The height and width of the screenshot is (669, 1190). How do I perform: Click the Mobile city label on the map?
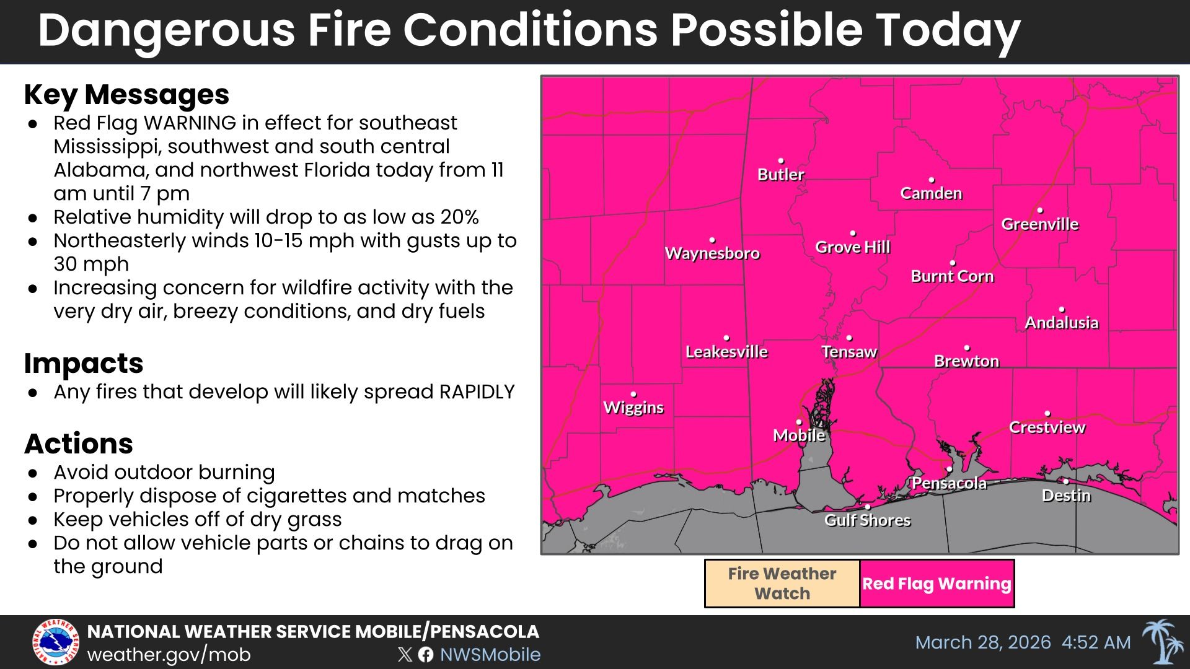(x=799, y=435)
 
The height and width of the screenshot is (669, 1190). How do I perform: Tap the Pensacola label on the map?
(x=949, y=483)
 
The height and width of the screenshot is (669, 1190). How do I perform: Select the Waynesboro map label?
(x=712, y=253)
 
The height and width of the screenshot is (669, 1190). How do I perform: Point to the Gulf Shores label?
(x=867, y=520)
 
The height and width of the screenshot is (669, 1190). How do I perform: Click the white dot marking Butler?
(x=781, y=161)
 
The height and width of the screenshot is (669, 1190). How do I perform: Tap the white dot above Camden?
(x=931, y=180)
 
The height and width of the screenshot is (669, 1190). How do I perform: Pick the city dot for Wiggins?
(x=633, y=394)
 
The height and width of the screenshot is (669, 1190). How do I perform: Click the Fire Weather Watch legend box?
(x=782, y=584)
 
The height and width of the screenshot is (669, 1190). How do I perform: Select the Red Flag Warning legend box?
(x=937, y=584)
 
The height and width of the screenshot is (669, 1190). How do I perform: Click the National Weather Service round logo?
(x=56, y=642)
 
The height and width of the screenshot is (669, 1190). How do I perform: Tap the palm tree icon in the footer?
(x=1160, y=642)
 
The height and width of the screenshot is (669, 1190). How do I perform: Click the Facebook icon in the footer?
(x=426, y=655)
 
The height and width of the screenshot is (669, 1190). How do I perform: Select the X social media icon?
(x=405, y=655)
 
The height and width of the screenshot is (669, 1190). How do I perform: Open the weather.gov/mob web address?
(x=169, y=655)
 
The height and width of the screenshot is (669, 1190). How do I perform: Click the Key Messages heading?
(x=126, y=95)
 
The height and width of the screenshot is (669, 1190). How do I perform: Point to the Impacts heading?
(x=84, y=363)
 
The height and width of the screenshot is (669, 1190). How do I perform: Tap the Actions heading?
(x=79, y=444)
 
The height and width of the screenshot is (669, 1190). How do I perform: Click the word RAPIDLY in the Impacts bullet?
(x=477, y=392)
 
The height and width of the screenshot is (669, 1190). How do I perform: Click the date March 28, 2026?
(x=983, y=642)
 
